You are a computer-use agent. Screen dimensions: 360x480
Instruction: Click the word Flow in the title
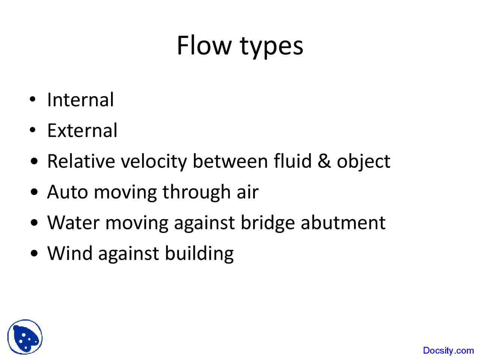[204, 46]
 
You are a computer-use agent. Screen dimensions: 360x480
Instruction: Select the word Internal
[80, 100]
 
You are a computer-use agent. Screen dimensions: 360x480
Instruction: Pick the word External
[82, 131]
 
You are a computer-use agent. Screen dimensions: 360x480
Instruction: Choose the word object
[363, 162]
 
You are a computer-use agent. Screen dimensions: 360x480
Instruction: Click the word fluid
[292, 161]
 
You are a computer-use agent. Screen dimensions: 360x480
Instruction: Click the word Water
[73, 223]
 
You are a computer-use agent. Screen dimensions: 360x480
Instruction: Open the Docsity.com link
[448, 351]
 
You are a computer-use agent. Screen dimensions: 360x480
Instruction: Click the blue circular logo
[25, 337]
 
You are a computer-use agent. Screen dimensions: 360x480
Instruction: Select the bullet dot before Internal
[33, 100]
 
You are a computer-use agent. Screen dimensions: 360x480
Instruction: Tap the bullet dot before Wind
[34, 253]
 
